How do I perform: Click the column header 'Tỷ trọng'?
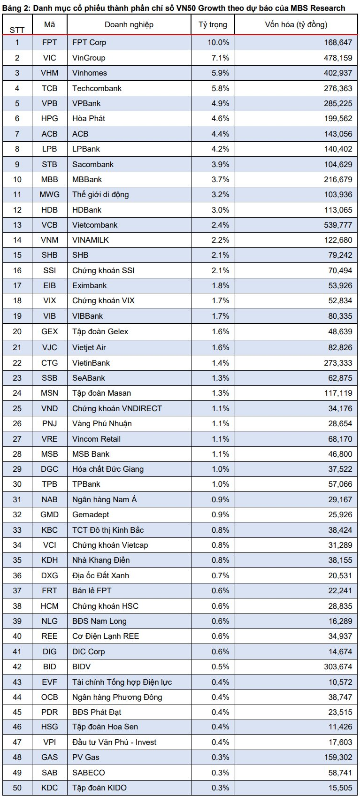pos(213,24)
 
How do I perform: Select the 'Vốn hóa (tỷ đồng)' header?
pos(296,24)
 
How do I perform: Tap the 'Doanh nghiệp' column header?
pos(129,24)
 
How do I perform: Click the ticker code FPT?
pos(49,42)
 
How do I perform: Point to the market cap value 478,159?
pos(337,58)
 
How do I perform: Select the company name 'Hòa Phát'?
pos(88,118)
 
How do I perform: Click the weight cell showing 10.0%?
pos(218,42)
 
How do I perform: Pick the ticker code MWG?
pos(49,194)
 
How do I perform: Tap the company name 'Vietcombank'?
pos(95,225)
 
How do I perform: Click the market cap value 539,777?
pos(337,225)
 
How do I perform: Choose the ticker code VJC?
pos(49,347)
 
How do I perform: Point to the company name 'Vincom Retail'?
pos(96,439)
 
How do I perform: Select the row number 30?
pos(17,484)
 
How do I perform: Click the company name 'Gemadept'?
pos(91,514)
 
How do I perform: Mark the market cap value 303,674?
pos(337,667)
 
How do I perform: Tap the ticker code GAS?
pos(49,757)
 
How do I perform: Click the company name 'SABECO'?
pos(88,773)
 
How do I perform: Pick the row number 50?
pos(17,788)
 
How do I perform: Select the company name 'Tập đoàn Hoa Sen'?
pos(105,727)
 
